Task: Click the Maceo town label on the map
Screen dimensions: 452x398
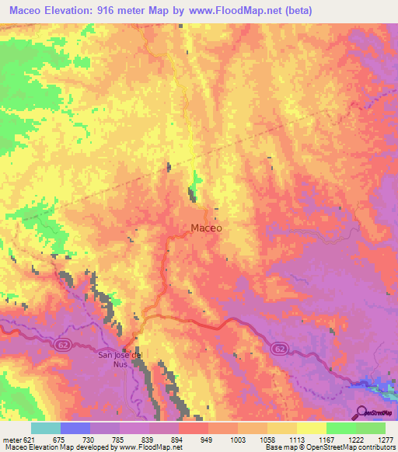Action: coord(207,228)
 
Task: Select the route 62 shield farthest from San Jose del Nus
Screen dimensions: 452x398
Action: coord(281,350)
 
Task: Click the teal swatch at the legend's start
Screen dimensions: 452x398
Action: coord(45,428)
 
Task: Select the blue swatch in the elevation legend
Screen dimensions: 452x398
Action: coord(75,428)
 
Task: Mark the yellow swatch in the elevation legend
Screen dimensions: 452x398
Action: coord(312,428)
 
